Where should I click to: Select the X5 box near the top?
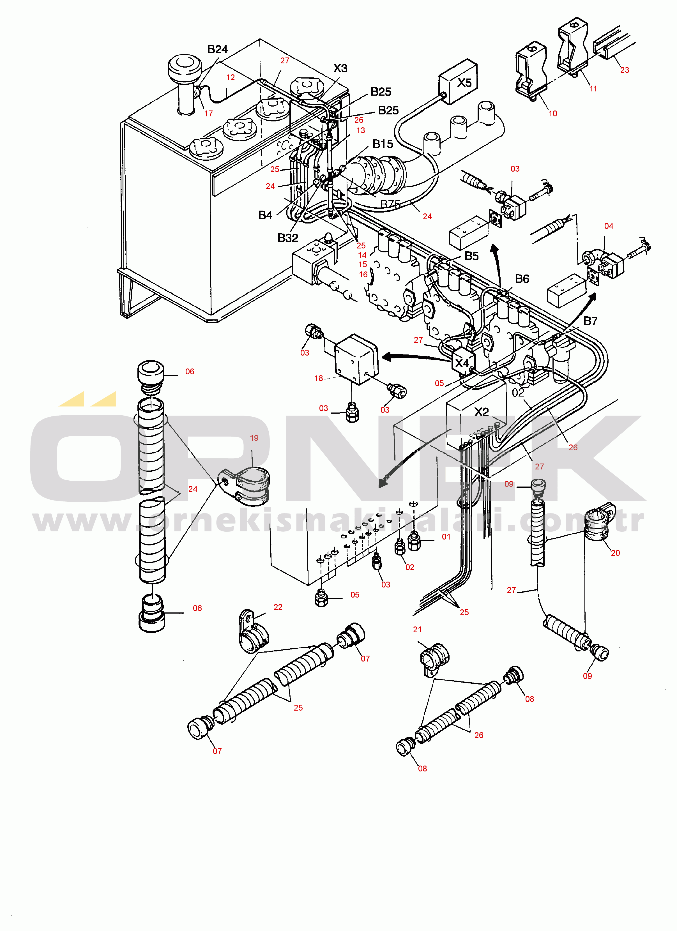458,82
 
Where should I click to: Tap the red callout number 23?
625,70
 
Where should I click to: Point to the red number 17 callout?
209,114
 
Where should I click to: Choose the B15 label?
383,144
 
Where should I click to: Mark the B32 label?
288,238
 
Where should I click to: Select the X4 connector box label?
462,363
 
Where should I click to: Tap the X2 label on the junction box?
482,412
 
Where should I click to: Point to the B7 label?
590,321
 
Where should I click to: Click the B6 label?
522,279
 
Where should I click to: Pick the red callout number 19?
254,438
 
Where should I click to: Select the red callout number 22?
278,607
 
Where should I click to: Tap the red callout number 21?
417,629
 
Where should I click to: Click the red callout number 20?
615,553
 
